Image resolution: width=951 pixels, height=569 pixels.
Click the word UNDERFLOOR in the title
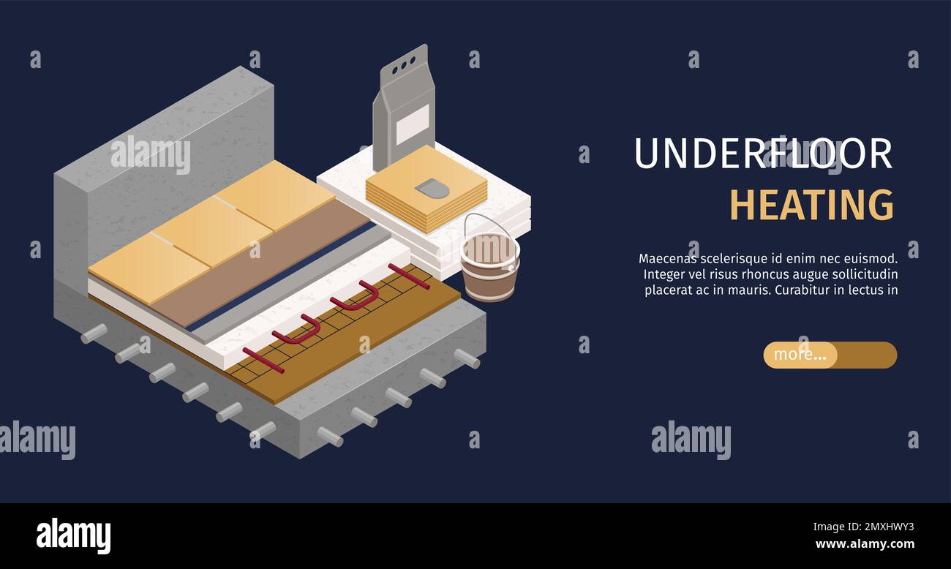(762, 154)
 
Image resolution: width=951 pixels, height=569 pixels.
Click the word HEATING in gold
(811, 206)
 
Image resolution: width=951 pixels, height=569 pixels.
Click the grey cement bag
(404, 110)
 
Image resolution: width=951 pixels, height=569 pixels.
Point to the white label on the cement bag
(413, 124)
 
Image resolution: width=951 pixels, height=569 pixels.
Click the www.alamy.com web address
(865, 543)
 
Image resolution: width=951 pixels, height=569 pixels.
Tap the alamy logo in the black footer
(73, 536)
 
